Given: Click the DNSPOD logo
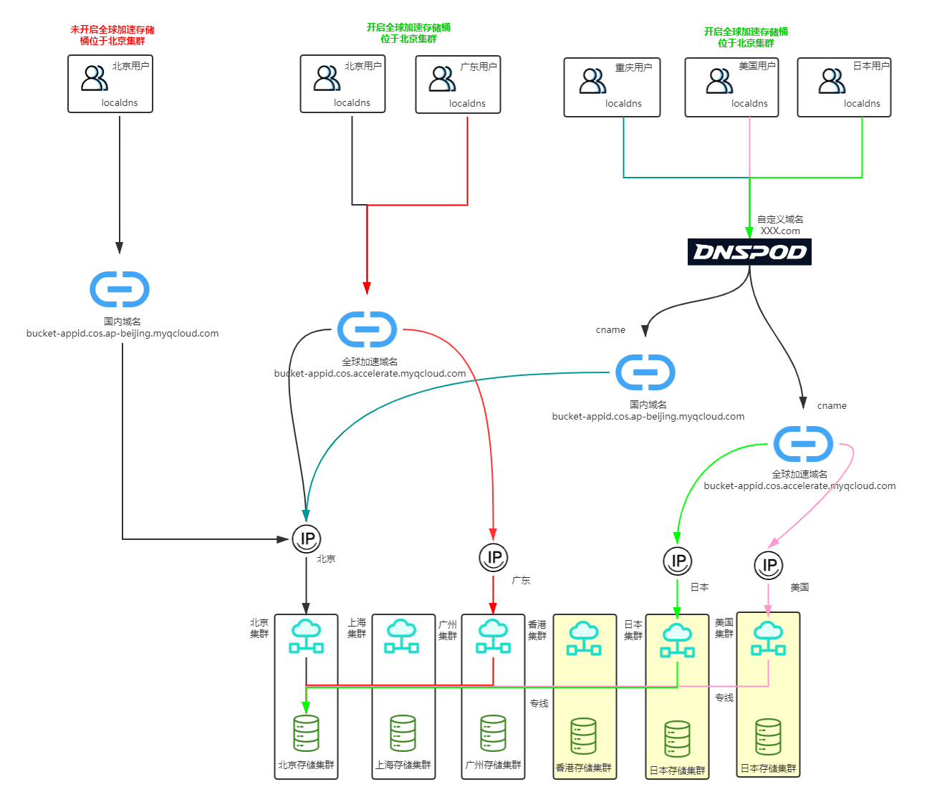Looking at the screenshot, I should tap(749, 252).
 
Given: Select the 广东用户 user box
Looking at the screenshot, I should tap(458, 84).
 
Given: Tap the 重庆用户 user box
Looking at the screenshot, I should tap(612, 87).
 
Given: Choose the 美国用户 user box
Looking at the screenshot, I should tap(731, 87).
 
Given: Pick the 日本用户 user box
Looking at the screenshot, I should tap(844, 87).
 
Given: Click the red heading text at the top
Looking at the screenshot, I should tap(112, 35).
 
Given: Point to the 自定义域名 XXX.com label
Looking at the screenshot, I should tap(780, 225).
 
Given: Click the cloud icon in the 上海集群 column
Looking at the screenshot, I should tap(402, 637).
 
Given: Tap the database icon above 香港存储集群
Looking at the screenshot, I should tap(583, 736).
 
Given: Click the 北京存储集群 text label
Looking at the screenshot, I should tap(306, 765).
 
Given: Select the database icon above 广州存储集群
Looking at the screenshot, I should tap(493, 733).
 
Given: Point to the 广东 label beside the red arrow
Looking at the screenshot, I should tap(521, 580).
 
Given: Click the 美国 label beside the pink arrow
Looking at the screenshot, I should tap(799, 587).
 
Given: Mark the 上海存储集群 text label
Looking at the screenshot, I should tap(403, 765).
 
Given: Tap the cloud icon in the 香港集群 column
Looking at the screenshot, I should tap(584, 638).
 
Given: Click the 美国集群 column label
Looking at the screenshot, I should tap(724, 628).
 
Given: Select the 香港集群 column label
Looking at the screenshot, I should tap(537, 630).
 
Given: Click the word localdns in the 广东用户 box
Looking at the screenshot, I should tap(467, 103).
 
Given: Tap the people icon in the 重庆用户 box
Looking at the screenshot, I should tap(592, 81).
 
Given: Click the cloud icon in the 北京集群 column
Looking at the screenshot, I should tap(306, 636).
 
